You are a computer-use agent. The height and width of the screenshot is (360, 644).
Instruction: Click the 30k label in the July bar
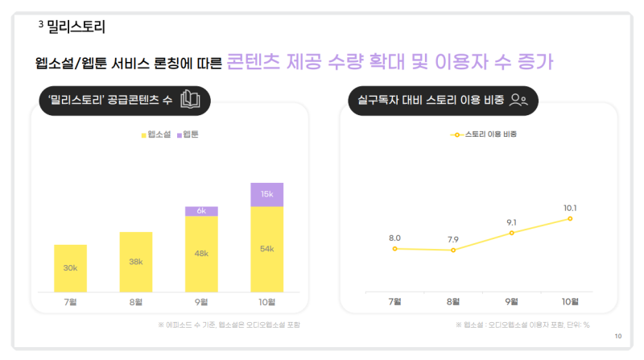click(70, 267)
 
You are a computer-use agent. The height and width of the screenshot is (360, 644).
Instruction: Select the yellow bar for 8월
click(136, 262)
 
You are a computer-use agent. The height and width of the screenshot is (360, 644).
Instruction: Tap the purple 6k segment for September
click(201, 211)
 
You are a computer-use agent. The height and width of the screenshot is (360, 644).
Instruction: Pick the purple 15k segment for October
click(266, 195)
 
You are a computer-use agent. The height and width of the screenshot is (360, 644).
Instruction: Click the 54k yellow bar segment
click(266, 250)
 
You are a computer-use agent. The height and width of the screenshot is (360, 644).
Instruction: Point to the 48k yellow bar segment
click(201, 254)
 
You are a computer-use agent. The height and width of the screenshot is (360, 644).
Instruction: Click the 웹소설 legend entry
click(157, 134)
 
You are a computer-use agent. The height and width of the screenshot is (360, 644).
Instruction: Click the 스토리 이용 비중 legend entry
click(484, 134)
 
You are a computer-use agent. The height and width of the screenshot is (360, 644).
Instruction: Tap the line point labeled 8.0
click(395, 249)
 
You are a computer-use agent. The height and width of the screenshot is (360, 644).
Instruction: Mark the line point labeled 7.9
click(453, 250)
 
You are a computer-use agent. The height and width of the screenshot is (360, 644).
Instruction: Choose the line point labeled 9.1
click(512, 233)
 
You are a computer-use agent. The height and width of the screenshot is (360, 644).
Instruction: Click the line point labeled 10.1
click(570, 218)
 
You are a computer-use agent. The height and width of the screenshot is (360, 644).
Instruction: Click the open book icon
click(190, 100)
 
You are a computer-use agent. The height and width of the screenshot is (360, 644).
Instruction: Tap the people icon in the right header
click(519, 101)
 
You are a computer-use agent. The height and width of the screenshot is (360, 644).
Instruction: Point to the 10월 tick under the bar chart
click(266, 302)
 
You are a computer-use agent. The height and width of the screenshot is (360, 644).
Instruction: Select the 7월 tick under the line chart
click(395, 301)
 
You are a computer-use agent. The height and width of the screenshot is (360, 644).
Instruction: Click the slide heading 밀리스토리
click(76, 27)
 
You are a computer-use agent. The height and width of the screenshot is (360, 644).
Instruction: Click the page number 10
click(617, 336)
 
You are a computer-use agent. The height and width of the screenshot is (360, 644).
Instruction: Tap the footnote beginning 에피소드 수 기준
click(234, 325)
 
